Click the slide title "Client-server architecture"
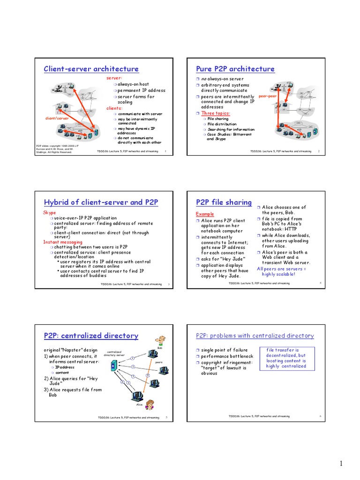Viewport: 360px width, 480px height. pyautogui.click(x=91, y=69)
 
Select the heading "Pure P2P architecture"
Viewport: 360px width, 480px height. pyautogui.click(x=235, y=69)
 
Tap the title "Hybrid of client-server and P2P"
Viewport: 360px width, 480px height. pyautogui.click(x=101, y=202)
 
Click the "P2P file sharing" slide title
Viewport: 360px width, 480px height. pyautogui.click(x=224, y=202)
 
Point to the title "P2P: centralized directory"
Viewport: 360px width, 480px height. pyautogui.click(x=91, y=336)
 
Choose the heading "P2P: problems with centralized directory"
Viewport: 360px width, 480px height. pyautogui.click(x=255, y=336)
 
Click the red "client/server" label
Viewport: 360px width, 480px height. pyautogui.click(x=57, y=119)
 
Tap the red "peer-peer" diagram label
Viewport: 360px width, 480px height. pyautogui.click(x=268, y=96)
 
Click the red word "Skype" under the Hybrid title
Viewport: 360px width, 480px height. pyautogui.click(x=49, y=213)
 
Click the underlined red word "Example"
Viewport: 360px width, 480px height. pyautogui.click(x=204, y=214)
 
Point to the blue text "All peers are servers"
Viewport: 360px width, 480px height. pyautogui.click(x=281, y=269)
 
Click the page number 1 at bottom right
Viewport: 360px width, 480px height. pyautogui.click(x=342, y=464)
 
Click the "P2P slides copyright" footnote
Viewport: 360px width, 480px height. pyautogui.click(x=54, y=149)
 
